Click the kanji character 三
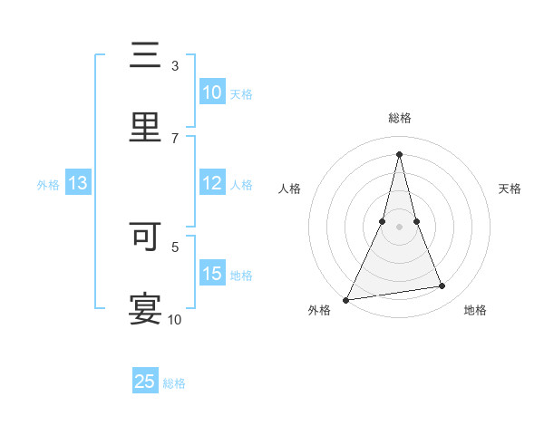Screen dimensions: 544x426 click(146, 56)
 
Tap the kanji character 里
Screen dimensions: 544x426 click(146, 127)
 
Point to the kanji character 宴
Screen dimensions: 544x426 click(146, 308)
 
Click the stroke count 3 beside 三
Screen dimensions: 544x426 click(174, 66)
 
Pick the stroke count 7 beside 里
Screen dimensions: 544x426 click(174, 138)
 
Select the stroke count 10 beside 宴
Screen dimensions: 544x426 click(174, 319)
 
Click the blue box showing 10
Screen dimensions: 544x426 click(212, 92)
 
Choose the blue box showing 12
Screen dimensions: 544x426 click(212, 183)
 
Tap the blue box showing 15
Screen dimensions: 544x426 click(212, 274)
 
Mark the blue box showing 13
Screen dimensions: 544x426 click(78, 183)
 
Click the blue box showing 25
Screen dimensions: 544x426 click(145, 382)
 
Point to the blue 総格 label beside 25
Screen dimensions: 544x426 click(175, 383)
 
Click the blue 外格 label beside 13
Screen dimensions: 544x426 click(48, 185)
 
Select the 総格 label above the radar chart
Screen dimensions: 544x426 click(399, 119)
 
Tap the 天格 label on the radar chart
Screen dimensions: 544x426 click(510, 189)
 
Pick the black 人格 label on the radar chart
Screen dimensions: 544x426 click(290, 189)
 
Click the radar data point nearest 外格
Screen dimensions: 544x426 click(346, 299)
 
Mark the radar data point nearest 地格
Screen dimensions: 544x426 click(442, 286)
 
